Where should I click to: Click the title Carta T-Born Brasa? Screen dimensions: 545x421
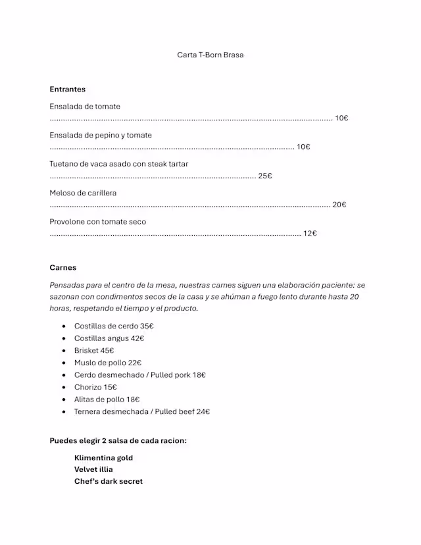(x=210, y=55)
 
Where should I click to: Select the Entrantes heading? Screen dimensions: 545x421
(x=67, y=89)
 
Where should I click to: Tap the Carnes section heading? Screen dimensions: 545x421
(x=62, y=267)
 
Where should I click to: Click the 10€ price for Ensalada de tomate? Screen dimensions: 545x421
(x=341, y=118)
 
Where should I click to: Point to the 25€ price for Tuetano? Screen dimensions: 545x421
(x=264, y=176)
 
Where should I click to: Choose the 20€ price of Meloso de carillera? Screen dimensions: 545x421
(x=339, y=205)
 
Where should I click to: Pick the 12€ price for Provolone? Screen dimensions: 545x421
(x=310, y=233)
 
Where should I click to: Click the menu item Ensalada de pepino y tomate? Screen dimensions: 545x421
(x=101, y=135)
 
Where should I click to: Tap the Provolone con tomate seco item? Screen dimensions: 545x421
(x=98, y=222)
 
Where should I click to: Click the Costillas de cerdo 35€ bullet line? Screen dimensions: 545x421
(x=114, y=326)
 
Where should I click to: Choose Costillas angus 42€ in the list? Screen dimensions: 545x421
(x=109, y=338)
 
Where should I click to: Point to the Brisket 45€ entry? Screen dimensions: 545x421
(x=94, y=350)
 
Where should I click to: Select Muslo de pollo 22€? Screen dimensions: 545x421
(x=108, y=363)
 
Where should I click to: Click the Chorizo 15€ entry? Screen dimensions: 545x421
(x=95, y=387)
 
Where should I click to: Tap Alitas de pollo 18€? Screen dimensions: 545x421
(x=107, y=400)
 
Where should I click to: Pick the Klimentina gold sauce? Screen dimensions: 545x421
(x=103, y=457)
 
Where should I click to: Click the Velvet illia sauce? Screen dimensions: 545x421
(x=93, y=469)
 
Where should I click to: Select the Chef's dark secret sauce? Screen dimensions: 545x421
(x=109, y=481)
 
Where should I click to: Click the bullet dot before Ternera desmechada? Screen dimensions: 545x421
(x=64, y=412)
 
